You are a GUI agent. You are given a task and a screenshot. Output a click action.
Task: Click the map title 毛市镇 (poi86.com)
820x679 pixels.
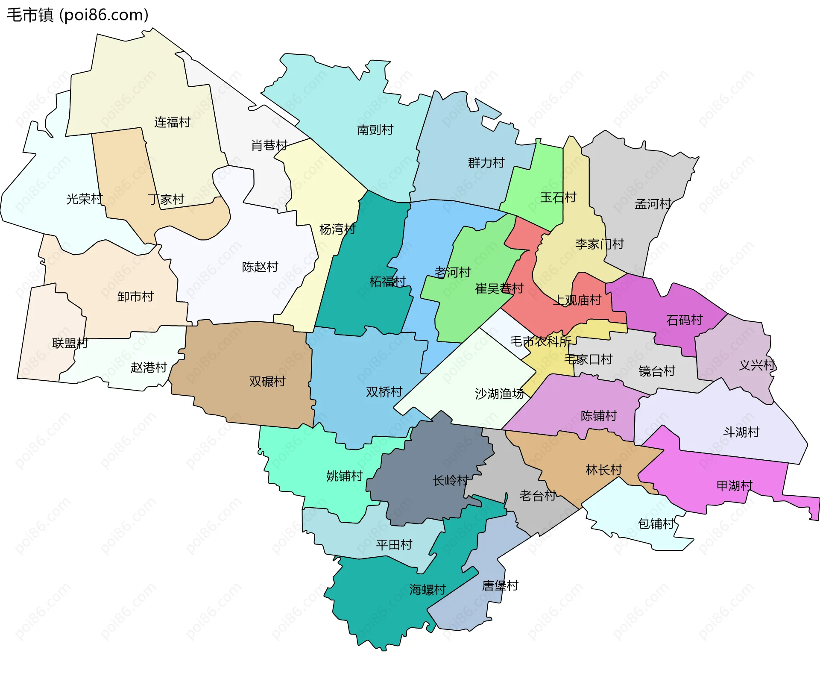pos(78,15)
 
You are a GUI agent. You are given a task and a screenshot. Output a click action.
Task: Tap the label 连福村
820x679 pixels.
pos(172,122)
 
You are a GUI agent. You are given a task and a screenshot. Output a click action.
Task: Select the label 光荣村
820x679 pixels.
pos(84,199)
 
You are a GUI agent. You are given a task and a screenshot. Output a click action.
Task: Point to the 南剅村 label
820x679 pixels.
pos(375,129)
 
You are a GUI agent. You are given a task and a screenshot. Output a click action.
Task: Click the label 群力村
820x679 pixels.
pos(486,163)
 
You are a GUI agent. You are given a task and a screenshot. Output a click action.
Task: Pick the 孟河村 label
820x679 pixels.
pos(653,204)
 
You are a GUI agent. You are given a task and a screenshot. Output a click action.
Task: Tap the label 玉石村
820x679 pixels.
pos(558,197)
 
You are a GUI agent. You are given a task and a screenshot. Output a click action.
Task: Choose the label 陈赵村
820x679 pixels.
pos(260,267)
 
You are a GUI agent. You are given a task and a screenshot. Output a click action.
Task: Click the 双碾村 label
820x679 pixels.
pos(267,381)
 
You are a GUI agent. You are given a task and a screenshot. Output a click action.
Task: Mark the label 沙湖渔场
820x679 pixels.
pos(499,394)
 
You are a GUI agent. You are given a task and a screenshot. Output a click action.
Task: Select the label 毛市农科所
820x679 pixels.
pos(541,341)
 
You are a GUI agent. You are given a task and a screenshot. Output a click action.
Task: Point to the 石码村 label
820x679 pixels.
pos(684,320)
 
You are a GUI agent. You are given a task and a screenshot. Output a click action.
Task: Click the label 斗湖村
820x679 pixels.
pos(741,432)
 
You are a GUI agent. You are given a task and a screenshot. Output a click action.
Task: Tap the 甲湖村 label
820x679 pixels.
pos(734,485)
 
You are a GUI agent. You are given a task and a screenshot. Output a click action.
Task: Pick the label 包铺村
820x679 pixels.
pos(656,523)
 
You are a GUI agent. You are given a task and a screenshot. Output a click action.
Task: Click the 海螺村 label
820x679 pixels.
pos(428,590)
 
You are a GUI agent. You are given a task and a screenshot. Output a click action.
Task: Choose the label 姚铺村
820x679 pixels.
pos(344,476)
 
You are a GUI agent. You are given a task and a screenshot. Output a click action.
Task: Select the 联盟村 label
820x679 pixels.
pos(70,343)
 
